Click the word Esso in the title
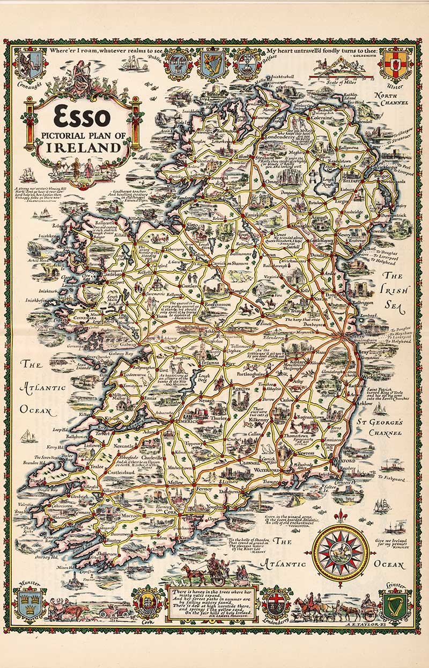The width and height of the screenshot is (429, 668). coord(82,117)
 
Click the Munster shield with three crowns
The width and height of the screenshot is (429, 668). coord(29,604)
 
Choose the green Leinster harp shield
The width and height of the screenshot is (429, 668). coord(396,604)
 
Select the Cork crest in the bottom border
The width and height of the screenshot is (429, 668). coord(146,605)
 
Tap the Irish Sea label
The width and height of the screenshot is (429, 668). coord(395,290)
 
